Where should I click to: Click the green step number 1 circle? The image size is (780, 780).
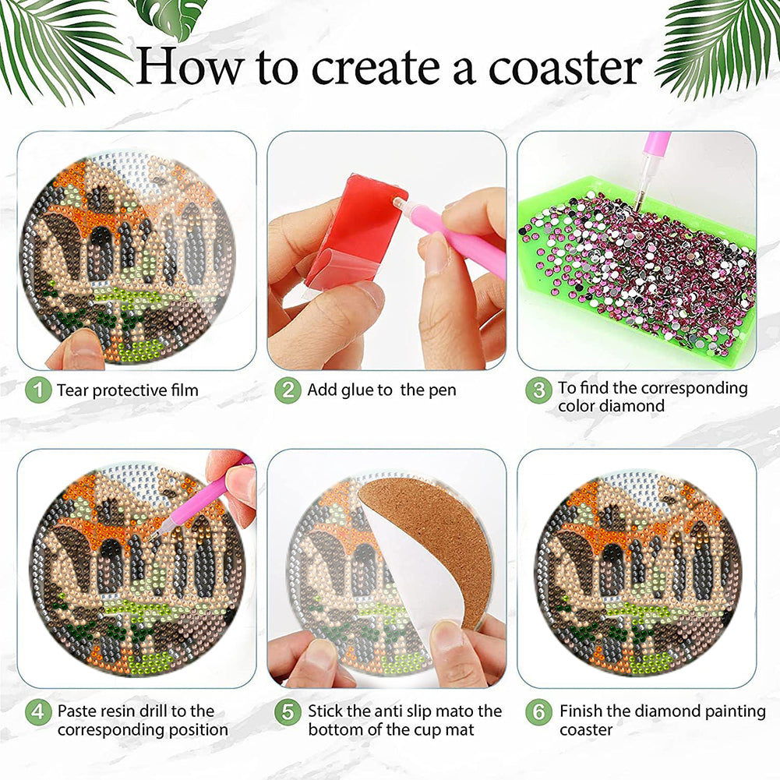click(38, 390)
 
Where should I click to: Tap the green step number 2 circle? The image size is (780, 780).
click(288, 390)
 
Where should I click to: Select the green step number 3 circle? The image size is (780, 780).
click(538, 390)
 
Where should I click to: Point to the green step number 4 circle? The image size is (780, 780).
click(38, 712)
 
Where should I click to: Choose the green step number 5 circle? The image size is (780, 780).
click(288, 712)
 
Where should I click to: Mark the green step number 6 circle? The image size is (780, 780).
click(538, 712)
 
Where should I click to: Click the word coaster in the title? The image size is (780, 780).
click(566, 67)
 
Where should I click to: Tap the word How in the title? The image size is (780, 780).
click(191, 65)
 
